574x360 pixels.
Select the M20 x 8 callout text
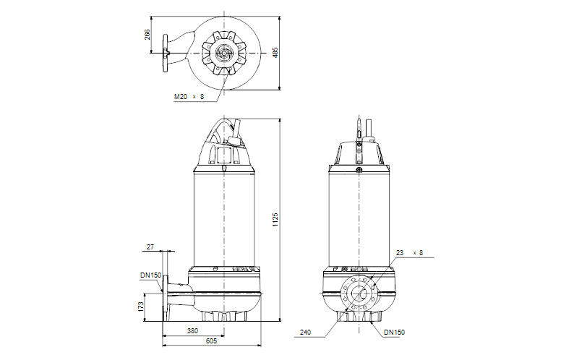(x=189, y=96)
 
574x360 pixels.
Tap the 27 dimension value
(x=150, y=247)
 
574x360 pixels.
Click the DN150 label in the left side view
(x=150, y=275)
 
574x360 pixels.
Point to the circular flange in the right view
(x=359, y=293)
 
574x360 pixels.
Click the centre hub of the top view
(x=224, y=53)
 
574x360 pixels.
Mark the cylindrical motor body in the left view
(x=224, y=217)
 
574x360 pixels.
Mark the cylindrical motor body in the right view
(x=359, y=217)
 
